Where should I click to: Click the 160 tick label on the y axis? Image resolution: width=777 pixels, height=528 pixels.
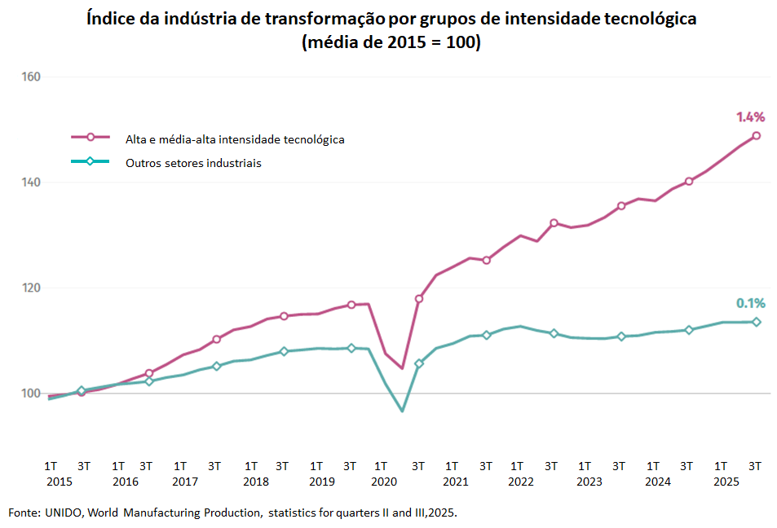click(x=31, y=77)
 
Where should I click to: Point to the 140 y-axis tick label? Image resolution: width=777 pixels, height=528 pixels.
click(x=31, y=183)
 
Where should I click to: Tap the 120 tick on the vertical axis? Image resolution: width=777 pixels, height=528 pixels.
click(x=31, y=288)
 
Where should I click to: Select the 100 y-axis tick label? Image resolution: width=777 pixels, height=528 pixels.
click(x=31, y=394)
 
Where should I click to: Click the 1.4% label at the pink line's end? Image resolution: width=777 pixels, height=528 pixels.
click(x=750, y=117)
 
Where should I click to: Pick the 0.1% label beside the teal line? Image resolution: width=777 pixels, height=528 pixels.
click(x=750, y=303)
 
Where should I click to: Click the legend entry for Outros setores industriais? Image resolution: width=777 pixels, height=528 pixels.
click(x=193, y=163)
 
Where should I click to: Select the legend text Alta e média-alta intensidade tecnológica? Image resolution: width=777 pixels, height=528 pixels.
click(x=235, y=139)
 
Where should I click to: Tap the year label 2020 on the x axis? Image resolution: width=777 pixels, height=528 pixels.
click(x=383, y=482)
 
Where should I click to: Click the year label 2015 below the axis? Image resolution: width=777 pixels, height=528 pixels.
click(x=60, y=482)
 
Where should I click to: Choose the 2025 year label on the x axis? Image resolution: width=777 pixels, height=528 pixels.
click(x=726, y=482)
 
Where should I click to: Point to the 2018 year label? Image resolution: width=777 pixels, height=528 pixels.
click(x=256, y=482)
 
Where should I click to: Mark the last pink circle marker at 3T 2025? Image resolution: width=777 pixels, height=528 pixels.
click(x=756, y=135)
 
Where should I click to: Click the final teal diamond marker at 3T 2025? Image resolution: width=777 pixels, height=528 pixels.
click(x=756, y=322)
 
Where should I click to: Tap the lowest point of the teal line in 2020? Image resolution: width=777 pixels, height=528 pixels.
click(x=402, y=410)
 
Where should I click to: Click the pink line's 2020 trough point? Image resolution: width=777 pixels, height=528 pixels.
click(x=402, y=367)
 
